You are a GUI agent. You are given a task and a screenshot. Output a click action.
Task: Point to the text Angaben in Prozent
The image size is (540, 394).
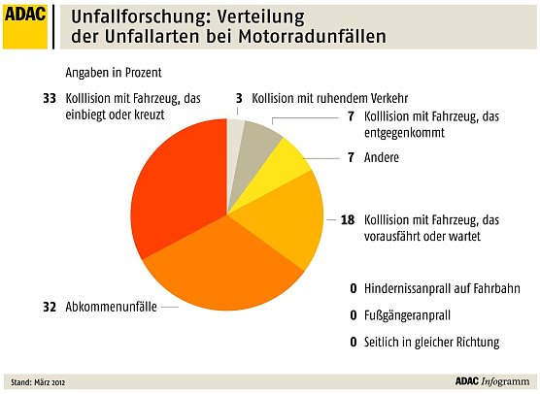pos(113,74)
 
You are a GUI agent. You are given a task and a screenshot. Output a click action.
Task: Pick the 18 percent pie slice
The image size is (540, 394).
pos(287,223)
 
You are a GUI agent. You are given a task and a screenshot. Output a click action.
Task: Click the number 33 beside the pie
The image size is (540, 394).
pos(49,98)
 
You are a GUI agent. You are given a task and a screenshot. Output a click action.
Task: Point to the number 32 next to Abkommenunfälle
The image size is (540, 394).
pos(49,307)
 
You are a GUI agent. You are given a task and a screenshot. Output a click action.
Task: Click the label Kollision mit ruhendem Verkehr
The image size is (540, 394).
pos(330,98)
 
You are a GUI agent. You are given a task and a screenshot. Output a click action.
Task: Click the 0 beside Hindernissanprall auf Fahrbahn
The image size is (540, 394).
pos(353,288)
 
